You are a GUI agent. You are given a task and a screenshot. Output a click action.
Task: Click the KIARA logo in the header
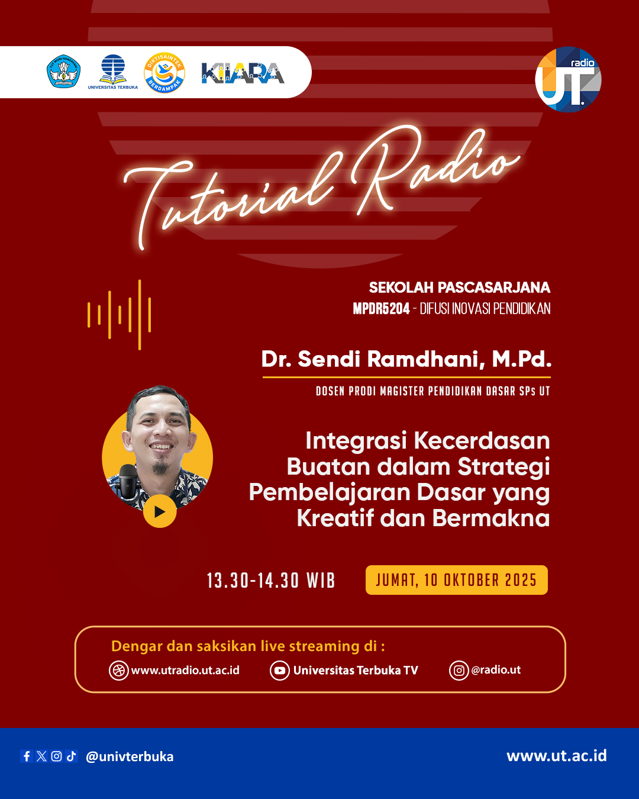coord(243,73)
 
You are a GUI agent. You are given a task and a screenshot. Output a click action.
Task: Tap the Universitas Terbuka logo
coord(112,71)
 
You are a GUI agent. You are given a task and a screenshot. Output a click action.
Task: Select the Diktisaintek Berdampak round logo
coord(164,73)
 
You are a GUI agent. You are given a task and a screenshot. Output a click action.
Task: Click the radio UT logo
coord(568,79)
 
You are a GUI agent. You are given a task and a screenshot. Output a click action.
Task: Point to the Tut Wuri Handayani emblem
coord(63,72)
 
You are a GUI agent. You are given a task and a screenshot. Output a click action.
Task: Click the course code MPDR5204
coord(381,308)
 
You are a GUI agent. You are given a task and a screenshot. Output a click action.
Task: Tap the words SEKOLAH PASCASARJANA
coord(459,288)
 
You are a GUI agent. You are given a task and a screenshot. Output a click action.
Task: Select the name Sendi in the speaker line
coord(329,359)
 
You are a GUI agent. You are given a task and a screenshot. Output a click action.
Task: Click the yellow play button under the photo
coord(160,511)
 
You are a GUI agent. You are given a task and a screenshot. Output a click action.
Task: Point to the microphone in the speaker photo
coord(127,479)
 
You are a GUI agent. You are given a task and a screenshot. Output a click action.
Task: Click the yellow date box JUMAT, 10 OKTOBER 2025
coord(456,580)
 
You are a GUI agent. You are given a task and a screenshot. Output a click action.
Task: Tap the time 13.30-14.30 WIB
coord(271,581)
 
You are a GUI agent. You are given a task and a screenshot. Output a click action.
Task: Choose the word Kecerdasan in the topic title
coord(482,441)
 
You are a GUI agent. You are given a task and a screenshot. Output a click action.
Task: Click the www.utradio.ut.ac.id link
coord(185,671)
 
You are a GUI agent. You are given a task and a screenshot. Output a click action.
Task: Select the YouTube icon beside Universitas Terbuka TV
coord(279,671)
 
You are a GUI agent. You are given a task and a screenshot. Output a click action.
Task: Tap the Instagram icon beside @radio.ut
coord(459,671)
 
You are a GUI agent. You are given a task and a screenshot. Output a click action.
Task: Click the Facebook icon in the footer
coord(27,756)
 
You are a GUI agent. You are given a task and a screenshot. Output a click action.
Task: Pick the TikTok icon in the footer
coord(72,756)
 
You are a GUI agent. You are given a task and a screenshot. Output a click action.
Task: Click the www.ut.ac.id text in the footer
coord(556,756)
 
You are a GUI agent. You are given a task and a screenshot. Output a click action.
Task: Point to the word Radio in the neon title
coord(432,169)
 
